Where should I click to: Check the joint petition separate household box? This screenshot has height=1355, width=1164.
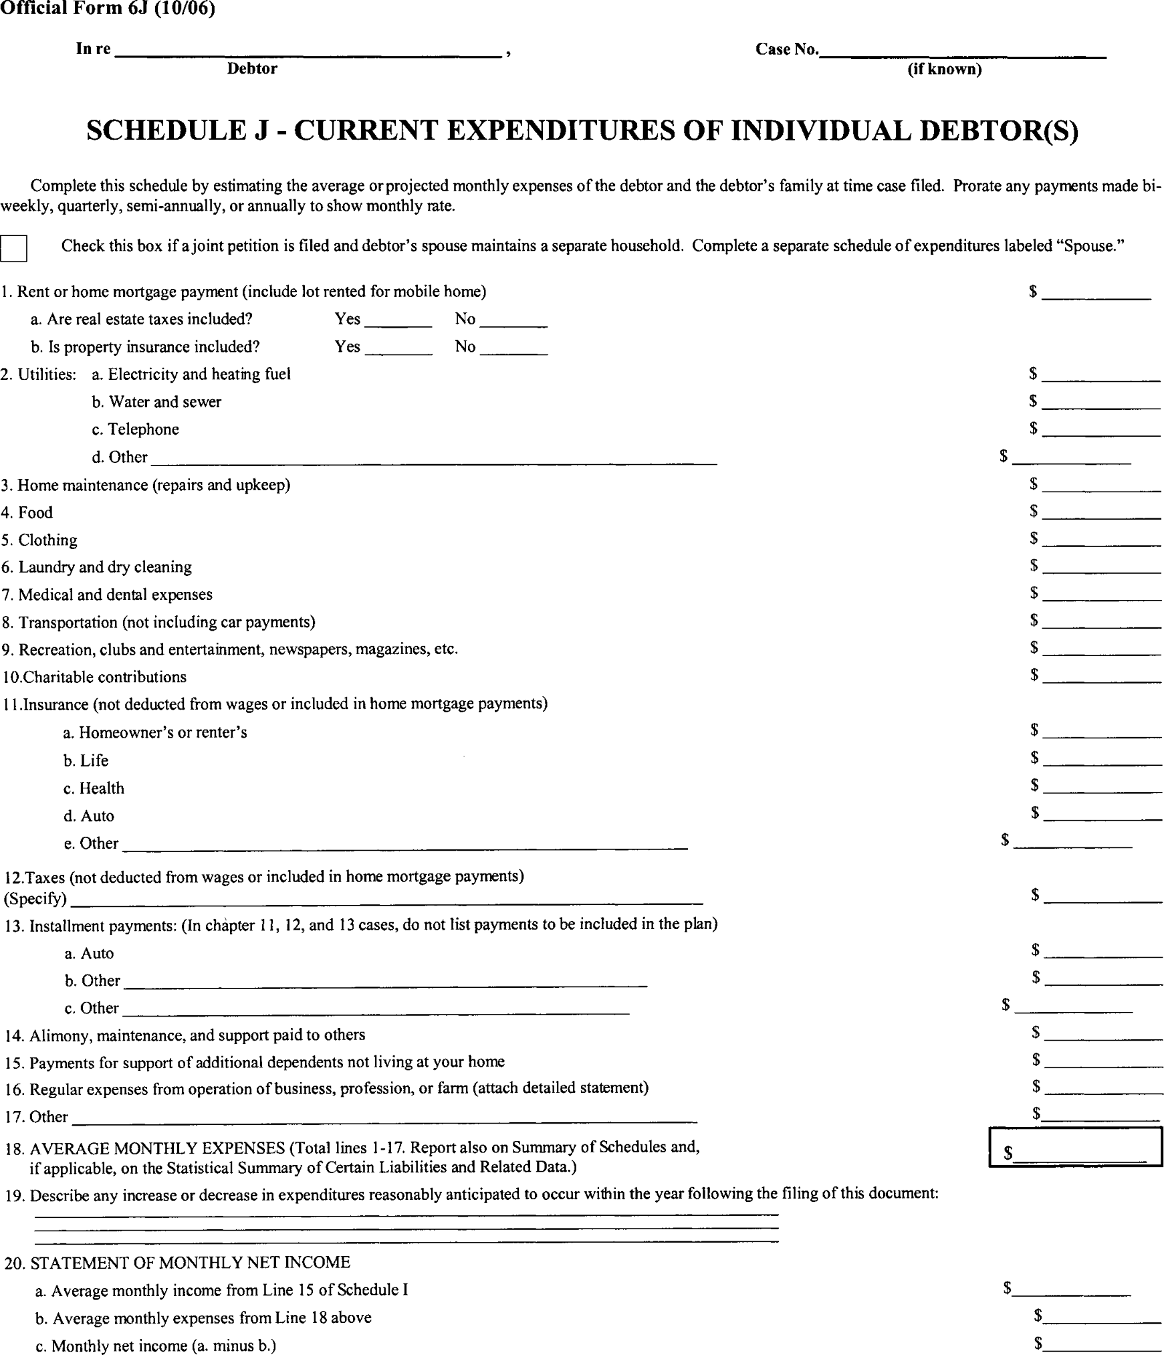14,248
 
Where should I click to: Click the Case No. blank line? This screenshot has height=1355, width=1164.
963,52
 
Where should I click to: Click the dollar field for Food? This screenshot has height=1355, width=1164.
1101,513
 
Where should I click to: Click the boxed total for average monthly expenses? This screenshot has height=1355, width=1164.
1076,1148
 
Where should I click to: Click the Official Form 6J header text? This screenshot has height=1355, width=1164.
107,10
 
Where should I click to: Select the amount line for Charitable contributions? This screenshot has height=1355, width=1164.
1101,677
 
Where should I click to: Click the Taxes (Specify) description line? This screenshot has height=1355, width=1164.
386,899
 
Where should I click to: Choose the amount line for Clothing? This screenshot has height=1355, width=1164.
1101,540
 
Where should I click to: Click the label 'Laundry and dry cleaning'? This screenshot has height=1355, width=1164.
105,567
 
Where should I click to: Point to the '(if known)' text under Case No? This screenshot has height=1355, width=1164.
944,69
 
